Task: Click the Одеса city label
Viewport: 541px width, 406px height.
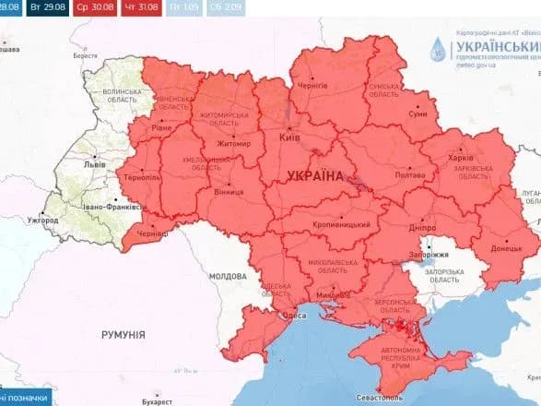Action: (x=293, y=316)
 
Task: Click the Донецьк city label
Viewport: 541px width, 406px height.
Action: (x=505, y=248)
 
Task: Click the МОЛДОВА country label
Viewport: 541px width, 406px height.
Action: (x=227, y=276)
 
